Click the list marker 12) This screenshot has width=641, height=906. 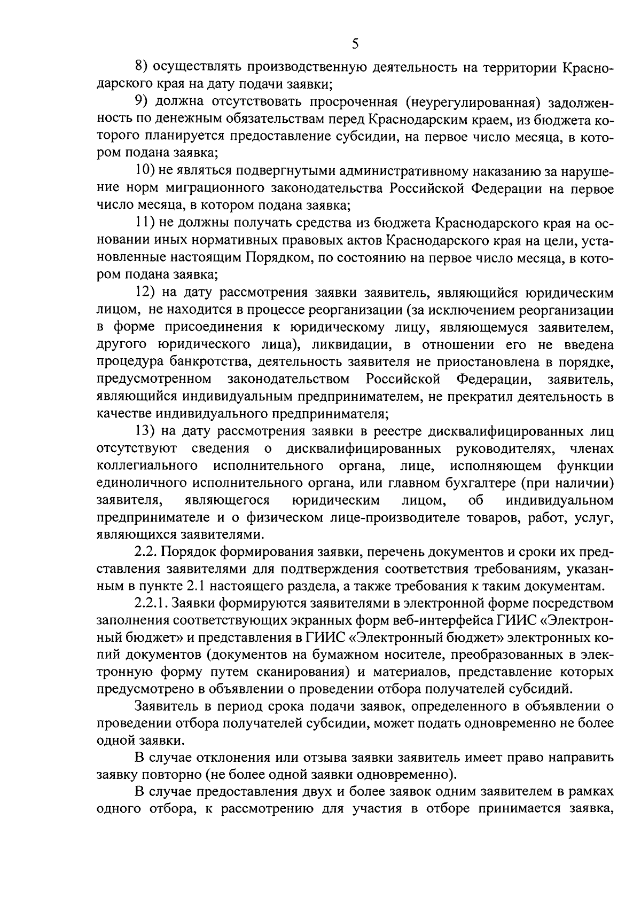tap(144, 293)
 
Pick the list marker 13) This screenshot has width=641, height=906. tap(144, 431)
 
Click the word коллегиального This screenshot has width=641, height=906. tap(144, 466)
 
